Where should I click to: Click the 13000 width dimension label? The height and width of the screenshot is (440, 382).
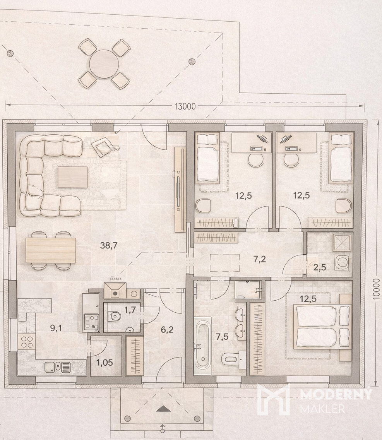(185, 107)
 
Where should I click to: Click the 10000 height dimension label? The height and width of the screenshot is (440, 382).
(377, 289)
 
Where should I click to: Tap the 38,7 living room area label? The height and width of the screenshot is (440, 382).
(109, 245)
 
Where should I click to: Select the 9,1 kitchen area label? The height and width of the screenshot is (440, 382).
(56, 327)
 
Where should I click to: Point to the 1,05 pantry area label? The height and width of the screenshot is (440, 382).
(104, 363)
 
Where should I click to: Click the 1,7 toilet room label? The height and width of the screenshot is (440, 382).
(130, 310)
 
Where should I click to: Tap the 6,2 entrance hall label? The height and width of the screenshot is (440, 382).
(167, 329)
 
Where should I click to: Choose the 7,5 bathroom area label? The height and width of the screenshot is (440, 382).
(222, 336)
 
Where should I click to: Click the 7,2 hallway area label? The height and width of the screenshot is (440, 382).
(260, 259)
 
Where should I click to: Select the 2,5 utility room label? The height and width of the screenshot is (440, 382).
(319, 267)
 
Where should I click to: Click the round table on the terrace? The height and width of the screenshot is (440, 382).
(104, 64)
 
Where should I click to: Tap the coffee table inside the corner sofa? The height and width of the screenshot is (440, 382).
(73, 177)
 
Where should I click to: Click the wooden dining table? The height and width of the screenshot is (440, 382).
(51, 250)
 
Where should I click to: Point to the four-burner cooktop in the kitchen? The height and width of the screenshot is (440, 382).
(27, 341)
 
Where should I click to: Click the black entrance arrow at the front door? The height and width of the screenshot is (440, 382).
(163, 409)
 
